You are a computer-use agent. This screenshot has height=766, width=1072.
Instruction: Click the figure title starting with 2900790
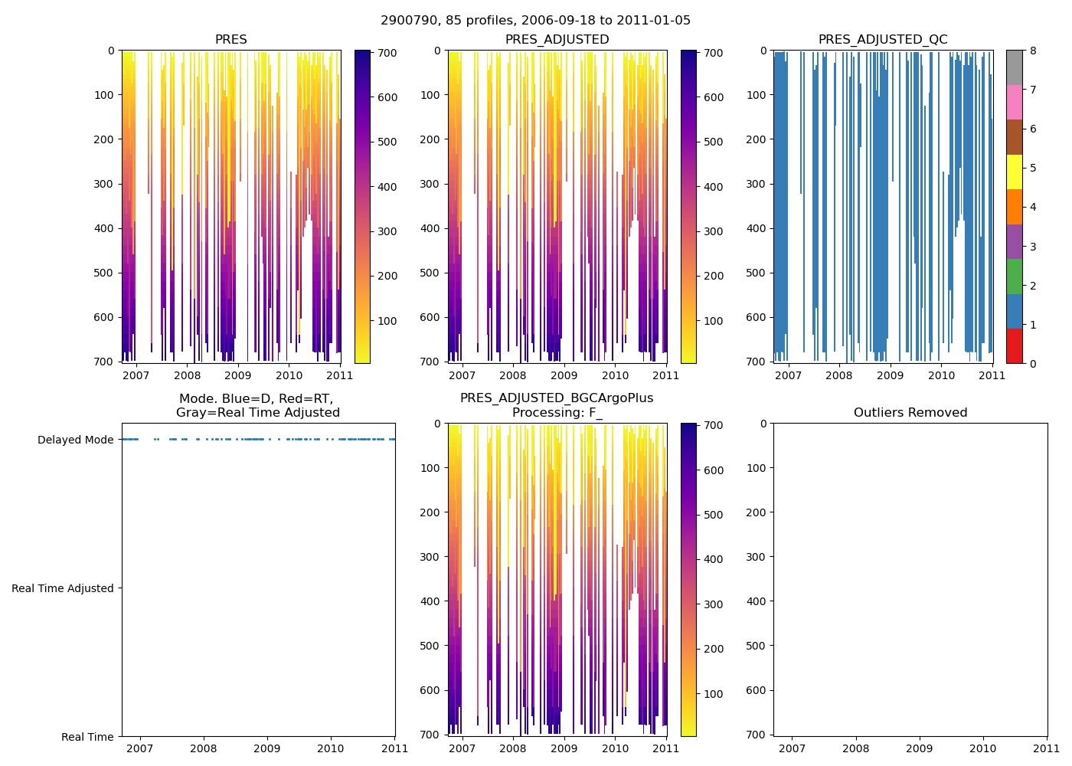click(535, 21)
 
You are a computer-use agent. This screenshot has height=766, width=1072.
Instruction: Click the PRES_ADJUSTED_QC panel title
click(883, 40)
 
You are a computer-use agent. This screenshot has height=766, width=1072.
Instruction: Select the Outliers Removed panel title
click(910, 413)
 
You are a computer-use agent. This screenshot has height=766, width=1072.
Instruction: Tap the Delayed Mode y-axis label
click(75, 440)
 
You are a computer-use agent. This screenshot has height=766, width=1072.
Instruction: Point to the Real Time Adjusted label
click(62, 588)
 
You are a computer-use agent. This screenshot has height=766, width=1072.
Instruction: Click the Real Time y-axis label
click(87, 737)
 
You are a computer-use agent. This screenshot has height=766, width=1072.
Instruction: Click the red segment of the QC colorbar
click(1014, 345)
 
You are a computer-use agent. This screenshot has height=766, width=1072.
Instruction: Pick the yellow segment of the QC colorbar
click(1014, 172)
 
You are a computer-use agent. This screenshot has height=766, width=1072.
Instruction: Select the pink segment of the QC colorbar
click(1014, 102)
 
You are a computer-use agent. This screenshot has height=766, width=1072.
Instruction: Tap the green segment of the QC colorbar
click(1014, 276)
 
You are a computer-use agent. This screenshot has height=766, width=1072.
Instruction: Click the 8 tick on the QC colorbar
click(1033, 51)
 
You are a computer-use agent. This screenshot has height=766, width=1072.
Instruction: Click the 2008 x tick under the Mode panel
click(203, 748)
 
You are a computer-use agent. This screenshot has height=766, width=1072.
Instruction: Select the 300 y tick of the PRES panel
click(106, 184)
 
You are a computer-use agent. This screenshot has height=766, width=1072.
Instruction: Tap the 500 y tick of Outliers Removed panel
click(757, 646)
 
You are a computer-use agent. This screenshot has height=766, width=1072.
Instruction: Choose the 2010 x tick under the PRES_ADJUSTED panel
click(615, 375)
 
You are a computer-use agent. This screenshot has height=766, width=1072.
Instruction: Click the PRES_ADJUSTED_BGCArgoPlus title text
click(557, 398)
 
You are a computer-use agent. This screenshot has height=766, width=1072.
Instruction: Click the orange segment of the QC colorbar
click(1014, 206)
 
